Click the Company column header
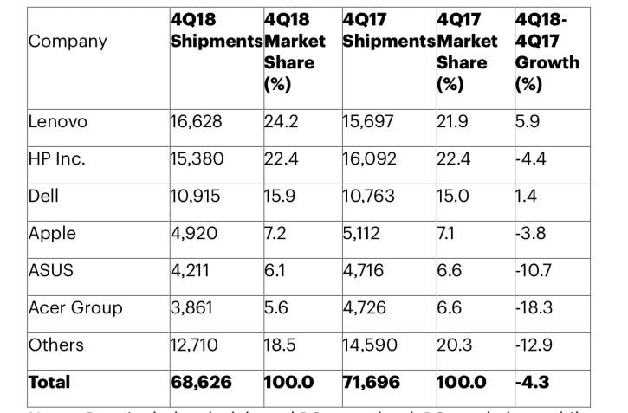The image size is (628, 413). tap(68, 42)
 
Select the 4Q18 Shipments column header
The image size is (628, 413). tap(216, 30)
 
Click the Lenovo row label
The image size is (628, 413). tap(59, 121)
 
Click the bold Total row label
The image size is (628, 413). tap(49, 382)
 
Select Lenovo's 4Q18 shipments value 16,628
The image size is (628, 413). tap(197, 121)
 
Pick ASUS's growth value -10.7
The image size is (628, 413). tap(534, 270)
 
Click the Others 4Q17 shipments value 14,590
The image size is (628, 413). tap(371, 345)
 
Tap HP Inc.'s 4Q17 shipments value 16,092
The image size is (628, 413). tap(371, 158)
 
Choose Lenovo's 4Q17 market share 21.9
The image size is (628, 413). tap(453, 121)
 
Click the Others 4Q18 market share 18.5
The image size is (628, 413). tap(280, 345)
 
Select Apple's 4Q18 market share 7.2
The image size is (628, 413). tap(276, 233)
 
